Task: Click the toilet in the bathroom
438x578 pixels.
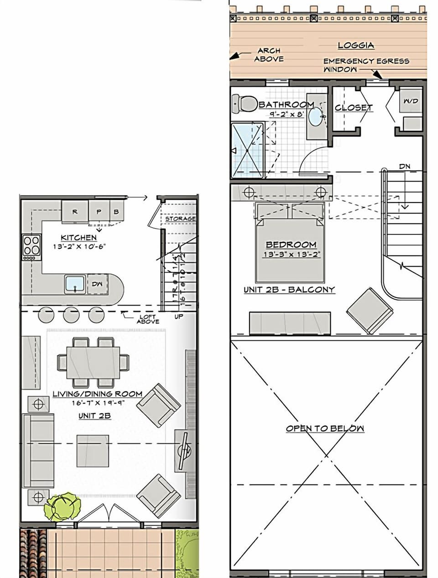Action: tap(245, 104)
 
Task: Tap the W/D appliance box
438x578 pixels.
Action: tap(411, 101)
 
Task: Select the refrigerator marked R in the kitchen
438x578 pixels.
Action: tap(75, 212)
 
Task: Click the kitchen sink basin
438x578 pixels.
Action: tap(75, 284)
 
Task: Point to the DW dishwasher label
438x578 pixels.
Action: tap(97, 284)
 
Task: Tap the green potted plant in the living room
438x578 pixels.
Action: tap(62, 505)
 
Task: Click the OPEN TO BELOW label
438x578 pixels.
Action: tap(325, 428)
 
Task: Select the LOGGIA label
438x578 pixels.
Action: tap(356, 45)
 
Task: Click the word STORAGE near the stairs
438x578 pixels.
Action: tap(180, 219)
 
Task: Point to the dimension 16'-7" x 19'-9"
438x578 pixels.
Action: tap(98, 403)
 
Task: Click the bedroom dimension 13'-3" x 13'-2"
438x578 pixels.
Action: tap(291, 255)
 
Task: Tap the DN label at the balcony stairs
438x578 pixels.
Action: tap(405, 167)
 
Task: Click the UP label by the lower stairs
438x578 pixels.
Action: tap(179, 317)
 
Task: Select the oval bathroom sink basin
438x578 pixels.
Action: tap(315, 117)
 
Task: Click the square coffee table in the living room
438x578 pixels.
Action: tap(93, 451)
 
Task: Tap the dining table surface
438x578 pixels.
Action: tap(93, 362)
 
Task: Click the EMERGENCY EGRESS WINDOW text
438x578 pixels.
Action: tap(366, 65)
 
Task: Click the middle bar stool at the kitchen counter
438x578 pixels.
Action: tap(71, 315)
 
